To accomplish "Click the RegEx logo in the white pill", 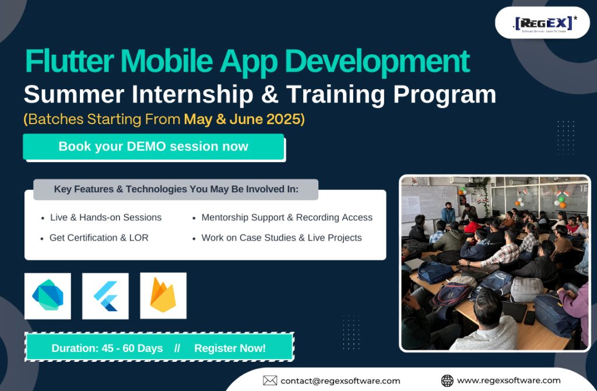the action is (x=545, y=24).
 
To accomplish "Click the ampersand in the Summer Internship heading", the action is (x=269, y=94).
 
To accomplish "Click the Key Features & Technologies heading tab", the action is (x=176, y=189).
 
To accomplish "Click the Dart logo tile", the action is (x=48, y=296).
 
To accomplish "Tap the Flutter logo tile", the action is (x=106, y=296).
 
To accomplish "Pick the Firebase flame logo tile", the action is (x=163, y=296).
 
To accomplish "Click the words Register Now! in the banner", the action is (x=230, y=348).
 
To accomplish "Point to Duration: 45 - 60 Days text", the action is (x=107, y=348).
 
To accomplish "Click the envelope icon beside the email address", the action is (x=270, y=381).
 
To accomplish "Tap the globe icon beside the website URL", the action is (x=447, y=381).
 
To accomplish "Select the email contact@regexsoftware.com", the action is (x=340, y=381).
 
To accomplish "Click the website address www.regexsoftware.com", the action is (x=508, y=381).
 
